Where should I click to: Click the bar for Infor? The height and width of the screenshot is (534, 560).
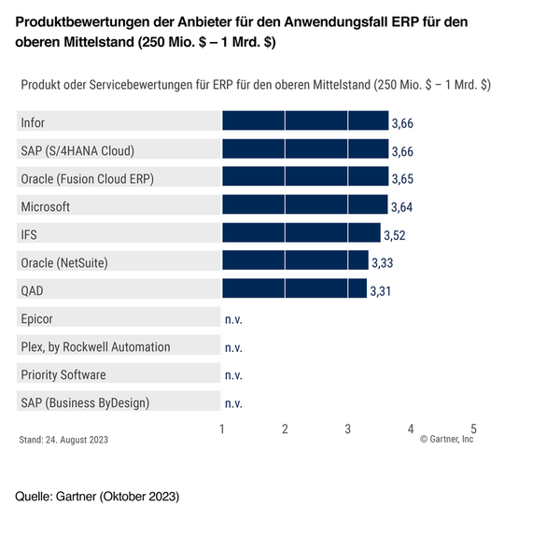pyautogui.click(x=304, y=122)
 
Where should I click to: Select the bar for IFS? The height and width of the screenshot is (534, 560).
pyautogui.click(x=301, y=233)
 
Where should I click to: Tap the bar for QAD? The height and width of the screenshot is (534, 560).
pyautogui.click(x=294, y=289)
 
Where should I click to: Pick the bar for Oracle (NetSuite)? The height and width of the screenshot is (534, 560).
pyautogui.click(x=295, y=261)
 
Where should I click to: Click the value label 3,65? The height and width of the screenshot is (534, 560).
pyautogui.click(x=403, y=179)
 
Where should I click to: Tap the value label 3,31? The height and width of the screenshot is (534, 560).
pyautogui.click(x=381, y=291)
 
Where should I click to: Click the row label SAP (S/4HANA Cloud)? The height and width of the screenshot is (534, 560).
pyautogui.click(x=77, y=150)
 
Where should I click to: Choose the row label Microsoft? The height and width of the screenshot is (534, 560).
pyautogui.click(x=45, y=206)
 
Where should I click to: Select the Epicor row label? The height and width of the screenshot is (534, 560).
pyautogui.click(x=37, y=318)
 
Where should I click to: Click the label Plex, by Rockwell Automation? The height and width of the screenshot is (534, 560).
pyautogui.click(x=95, y=346)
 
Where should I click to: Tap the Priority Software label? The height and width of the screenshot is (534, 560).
pyautogui.click(x=63, y=374)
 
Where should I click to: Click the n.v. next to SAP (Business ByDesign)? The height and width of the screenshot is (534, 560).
pyautogui.click(x=233, y=403)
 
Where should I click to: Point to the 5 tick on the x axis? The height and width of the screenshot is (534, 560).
pyautogui.click(x=473, y=429)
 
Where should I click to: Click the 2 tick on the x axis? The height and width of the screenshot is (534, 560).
pyautogui.click(x=285, y=429)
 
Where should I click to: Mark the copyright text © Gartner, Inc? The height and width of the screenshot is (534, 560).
pyautogui.click(x=446, y=440)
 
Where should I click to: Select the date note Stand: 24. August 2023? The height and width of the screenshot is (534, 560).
pyautogui.click(x=63, y=440)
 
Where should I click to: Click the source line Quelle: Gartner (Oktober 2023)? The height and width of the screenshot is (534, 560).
pyautogui.click(x=97, y=496)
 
